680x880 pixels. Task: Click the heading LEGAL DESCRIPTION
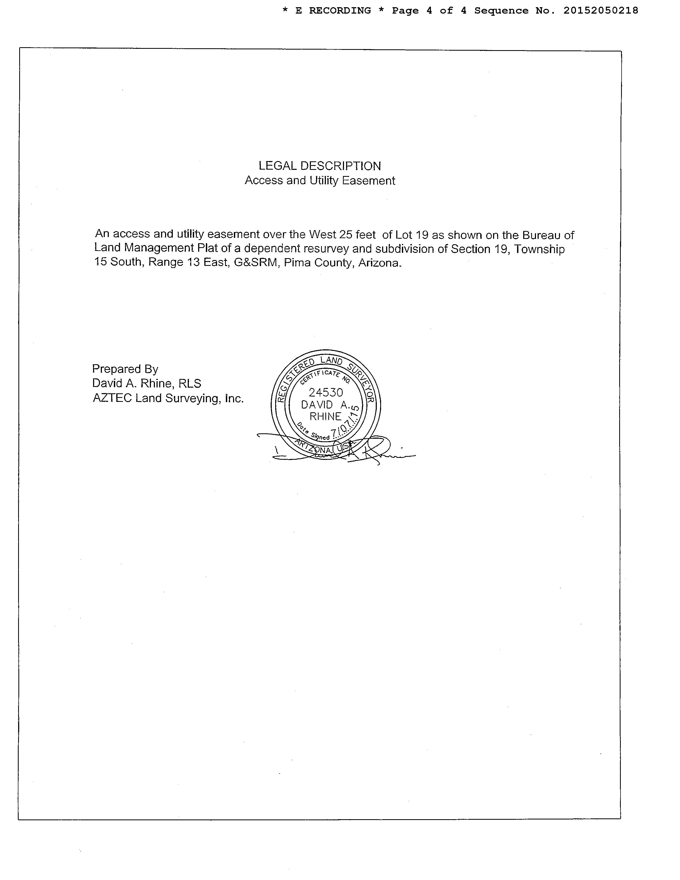(x=319, y=166)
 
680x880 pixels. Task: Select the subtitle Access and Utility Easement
(x=319, y=181)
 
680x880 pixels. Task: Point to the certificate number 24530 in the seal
(x=326, y=392)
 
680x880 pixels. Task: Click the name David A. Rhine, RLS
(x=147, y=383)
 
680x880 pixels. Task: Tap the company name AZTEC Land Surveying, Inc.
(x=168, y=398)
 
